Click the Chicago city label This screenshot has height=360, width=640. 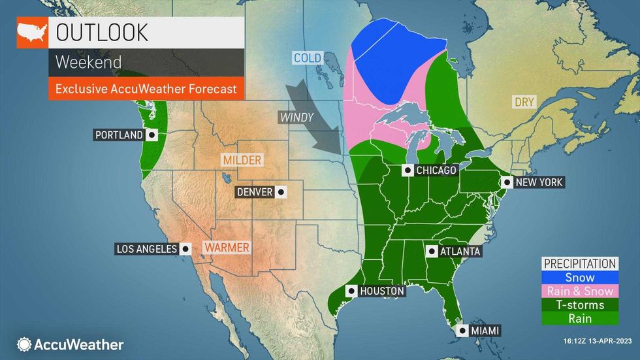tap(436, 171)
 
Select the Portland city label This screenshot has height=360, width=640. tap(120, 135)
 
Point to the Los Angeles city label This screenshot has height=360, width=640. tap(147, 248)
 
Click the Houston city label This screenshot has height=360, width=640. tap(382, 291)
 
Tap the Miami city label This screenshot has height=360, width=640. tap(485, 331)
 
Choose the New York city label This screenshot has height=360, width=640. tap(539, 182)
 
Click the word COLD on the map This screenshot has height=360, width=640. tap(307, 58)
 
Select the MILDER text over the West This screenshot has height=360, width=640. tap(242, 160)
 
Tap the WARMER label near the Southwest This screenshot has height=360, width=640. tap(226, 248)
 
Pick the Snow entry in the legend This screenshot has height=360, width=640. tap(580, 278)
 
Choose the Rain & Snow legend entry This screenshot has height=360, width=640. tap(580, 291)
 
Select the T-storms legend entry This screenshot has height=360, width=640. tap(580, 305)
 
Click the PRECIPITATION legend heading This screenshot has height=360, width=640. tap(580, 264)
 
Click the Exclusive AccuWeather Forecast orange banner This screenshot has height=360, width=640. tap(146, 88)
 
